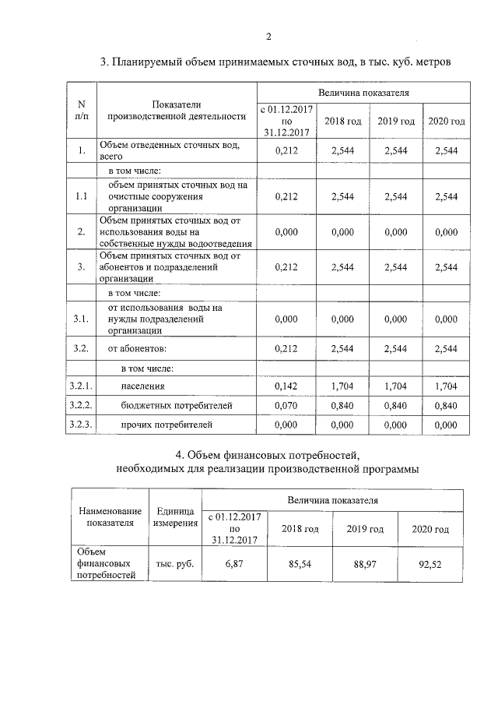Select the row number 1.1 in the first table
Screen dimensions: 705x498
(81, 196)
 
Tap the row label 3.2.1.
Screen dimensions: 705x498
(81, 386)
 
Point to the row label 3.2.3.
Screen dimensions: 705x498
(81, 425)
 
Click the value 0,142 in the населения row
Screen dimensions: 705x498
(287, 386)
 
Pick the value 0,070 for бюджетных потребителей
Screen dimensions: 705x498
(287, 406)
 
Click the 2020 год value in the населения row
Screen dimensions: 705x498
(446, 386)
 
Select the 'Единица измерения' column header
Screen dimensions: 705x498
(175, 516)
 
